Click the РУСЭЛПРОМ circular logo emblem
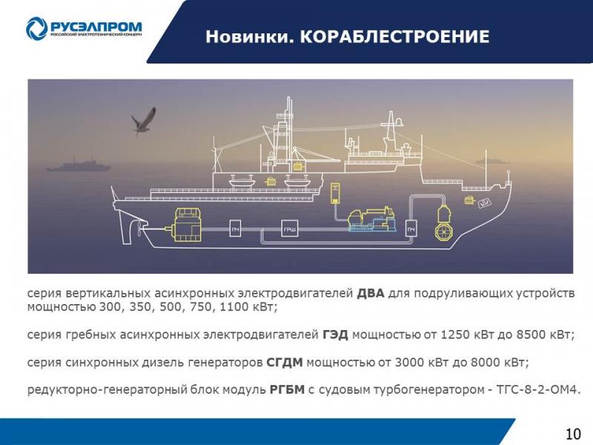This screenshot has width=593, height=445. (x=36, y=28)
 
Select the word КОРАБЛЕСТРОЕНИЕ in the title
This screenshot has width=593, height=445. (x=395, y=36)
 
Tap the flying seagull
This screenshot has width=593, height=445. (x=144, y=121)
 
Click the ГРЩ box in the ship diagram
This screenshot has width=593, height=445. (x=290, y=228)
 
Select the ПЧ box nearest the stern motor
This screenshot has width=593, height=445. (x=235, y=228)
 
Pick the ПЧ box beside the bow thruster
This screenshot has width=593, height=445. (x=411, y=228)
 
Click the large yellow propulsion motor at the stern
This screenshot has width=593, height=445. (x=188, y=225)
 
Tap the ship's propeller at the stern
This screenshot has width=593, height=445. (x=139, y=228)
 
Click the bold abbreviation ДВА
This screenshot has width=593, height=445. (x=370, y=293)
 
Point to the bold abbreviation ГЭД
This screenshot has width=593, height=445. (x=335, y=334)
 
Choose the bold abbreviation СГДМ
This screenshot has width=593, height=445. (x=285, y=362)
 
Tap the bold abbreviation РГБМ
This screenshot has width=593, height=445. (x=287, y=389)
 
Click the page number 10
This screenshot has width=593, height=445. (x=573, y=434)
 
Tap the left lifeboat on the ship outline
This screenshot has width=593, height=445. (x=241, y=181)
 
